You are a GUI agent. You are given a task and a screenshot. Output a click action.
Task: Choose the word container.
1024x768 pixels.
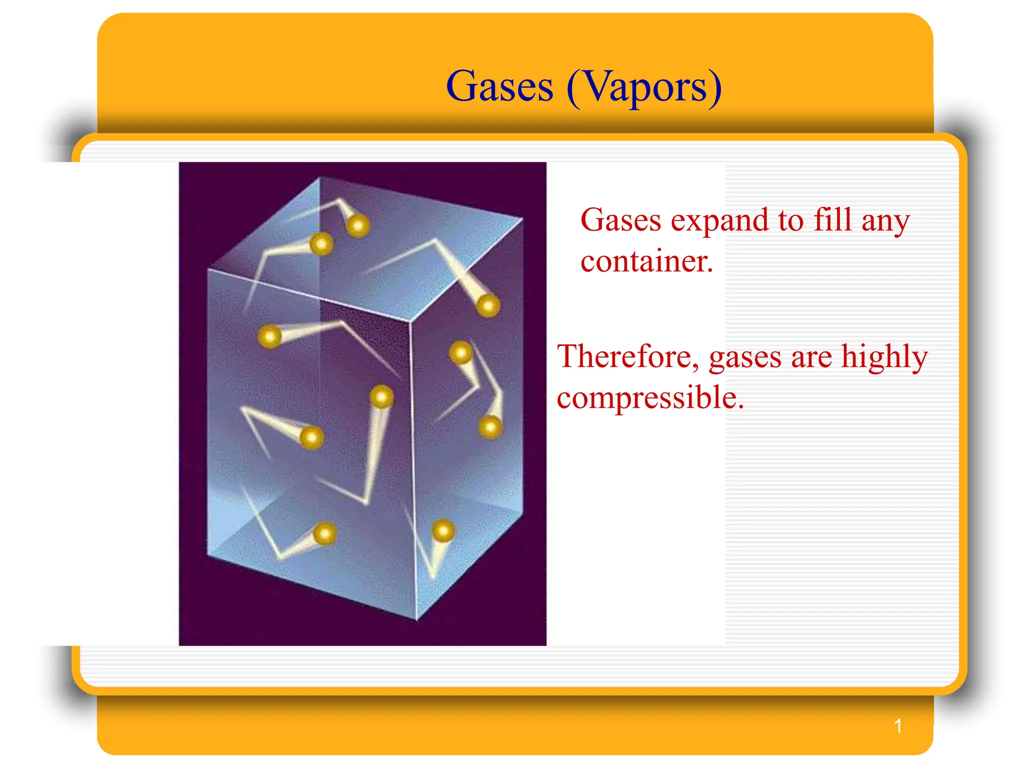point(646,261)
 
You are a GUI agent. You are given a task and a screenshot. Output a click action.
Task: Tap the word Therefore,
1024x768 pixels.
point(628,357)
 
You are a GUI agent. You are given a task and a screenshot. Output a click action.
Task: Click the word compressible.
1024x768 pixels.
point(650,398)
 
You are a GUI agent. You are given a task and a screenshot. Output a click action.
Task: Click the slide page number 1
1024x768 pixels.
point(898,726)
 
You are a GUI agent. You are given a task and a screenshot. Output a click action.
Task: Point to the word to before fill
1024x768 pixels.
point(790,220)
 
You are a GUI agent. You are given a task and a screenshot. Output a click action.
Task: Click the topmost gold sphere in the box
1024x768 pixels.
point(358,225)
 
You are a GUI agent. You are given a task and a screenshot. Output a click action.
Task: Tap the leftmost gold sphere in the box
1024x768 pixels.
point(270,336)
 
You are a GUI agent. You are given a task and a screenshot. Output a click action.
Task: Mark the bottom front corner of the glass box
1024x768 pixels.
point(416,620)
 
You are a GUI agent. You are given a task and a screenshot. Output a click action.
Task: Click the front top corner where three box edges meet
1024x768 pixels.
point(411,321)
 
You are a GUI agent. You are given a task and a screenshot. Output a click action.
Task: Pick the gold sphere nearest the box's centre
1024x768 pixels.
point(381,397)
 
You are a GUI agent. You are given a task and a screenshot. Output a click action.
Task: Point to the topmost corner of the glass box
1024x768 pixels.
point(320,177)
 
